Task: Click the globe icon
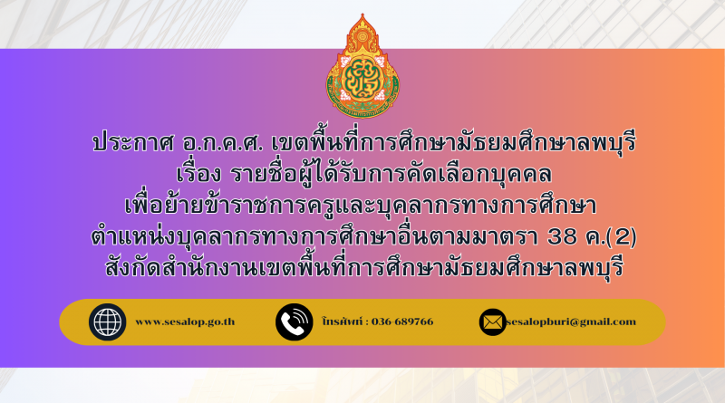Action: (107, 322)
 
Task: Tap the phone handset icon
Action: (294, 322)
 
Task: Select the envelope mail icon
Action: (492, 322)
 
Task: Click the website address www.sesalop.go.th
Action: (185, 321)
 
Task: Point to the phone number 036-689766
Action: (402, 321)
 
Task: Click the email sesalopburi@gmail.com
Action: (571, 321)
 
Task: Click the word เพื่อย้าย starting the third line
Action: (163, 205)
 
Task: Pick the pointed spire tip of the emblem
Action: (363, 14)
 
